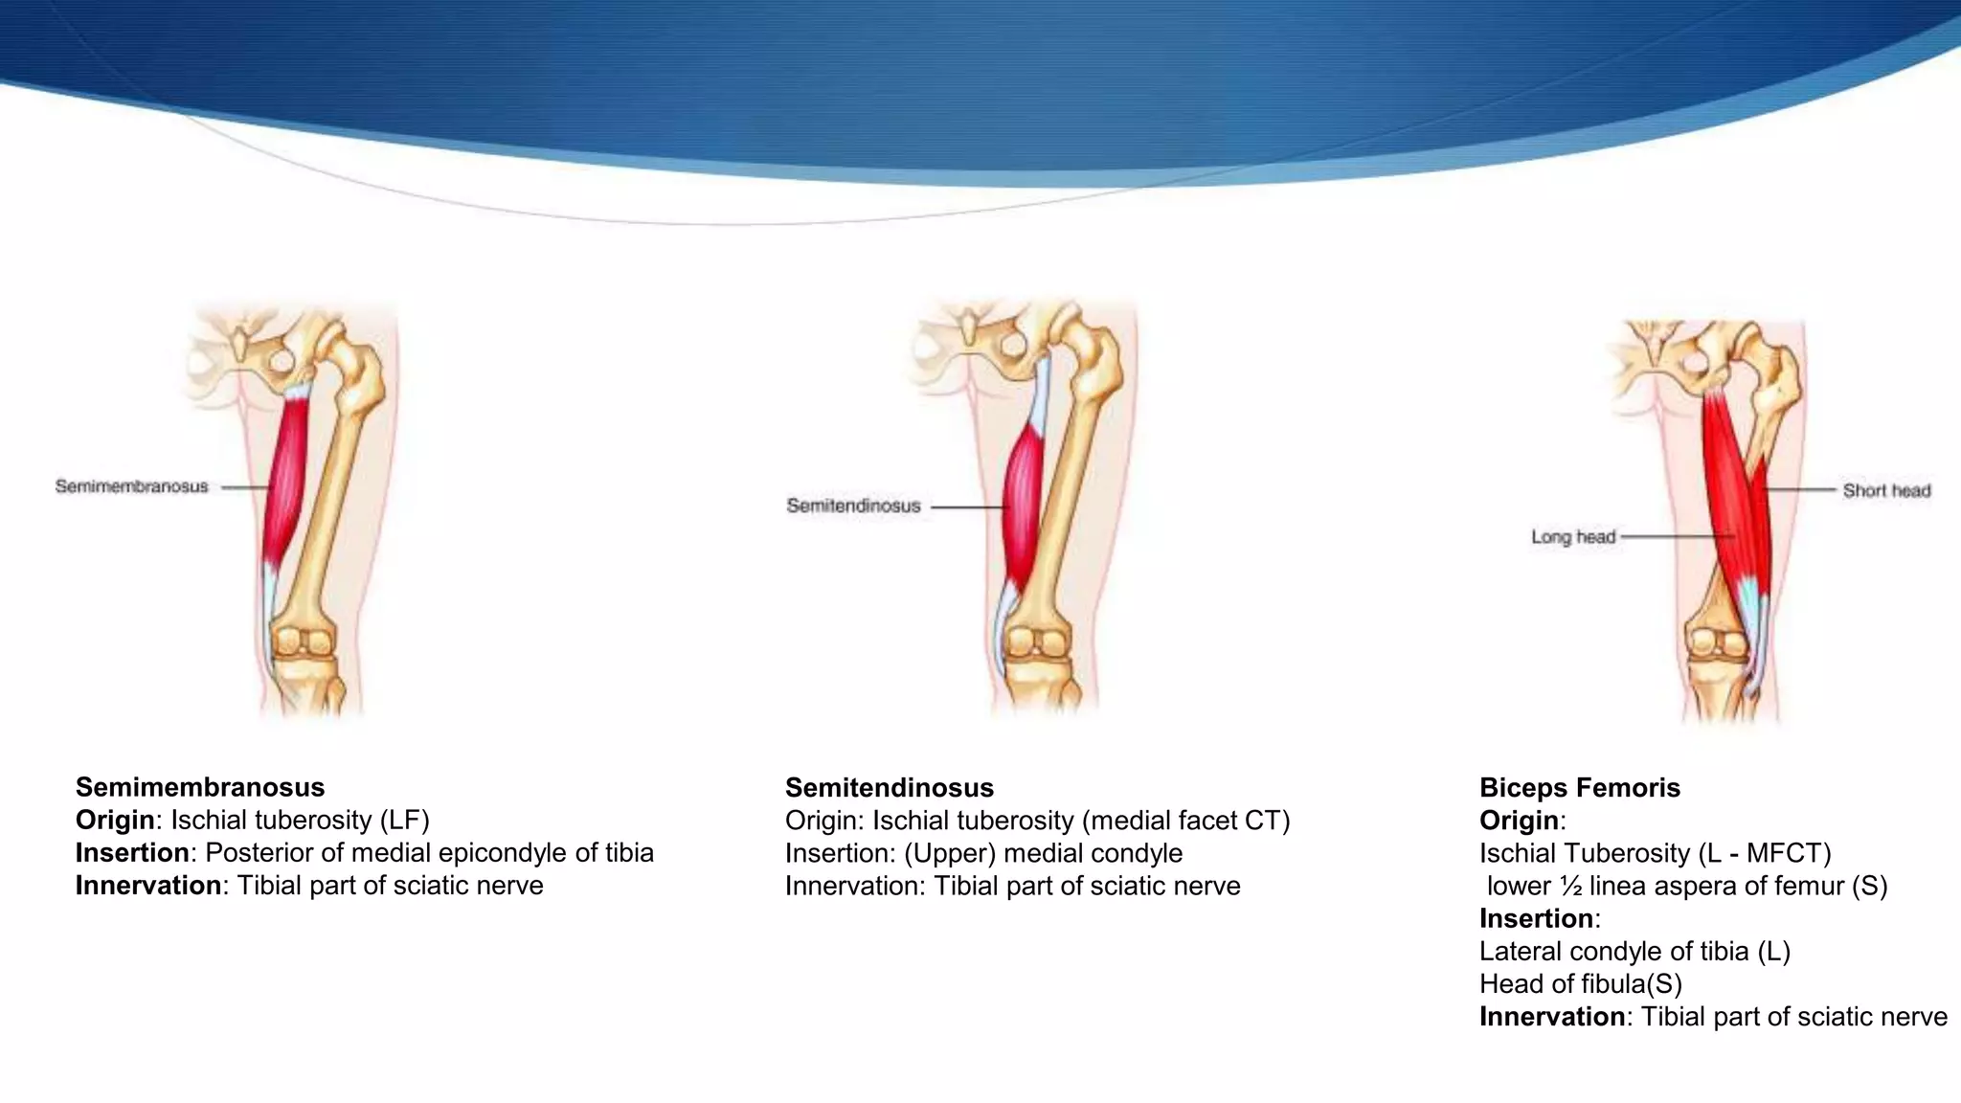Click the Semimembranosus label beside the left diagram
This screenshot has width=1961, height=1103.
click(131, 486)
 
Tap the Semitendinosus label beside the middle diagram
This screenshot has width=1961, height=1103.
click(853, 506)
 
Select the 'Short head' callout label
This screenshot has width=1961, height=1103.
click(1886, 490)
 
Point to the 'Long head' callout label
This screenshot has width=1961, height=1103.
click(1572, 537)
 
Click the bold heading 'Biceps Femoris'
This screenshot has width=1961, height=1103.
click(1579, 788)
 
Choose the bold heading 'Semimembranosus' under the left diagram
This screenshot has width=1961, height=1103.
click(200, 787)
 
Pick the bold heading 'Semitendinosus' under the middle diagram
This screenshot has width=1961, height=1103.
click(889, 788)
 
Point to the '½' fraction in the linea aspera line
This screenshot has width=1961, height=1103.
click(1569, 887)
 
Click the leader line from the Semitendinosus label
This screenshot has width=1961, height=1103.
click(967, 506)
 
